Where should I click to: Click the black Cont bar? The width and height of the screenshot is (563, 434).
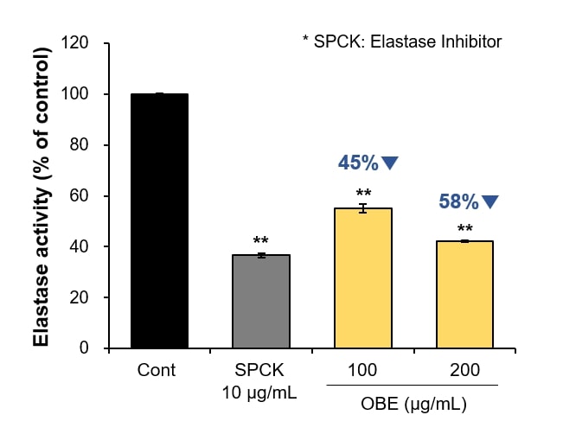point(159,220)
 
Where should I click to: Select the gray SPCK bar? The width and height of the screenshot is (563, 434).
point(261,302)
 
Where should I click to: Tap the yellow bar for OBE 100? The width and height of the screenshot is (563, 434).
point(363,278)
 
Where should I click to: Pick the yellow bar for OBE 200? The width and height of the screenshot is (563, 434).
point(464,294)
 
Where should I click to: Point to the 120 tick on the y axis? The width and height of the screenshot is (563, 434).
point(74,42)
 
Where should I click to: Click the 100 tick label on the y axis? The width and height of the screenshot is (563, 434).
point(74,93)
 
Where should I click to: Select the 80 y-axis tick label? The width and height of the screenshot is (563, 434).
point(79,144)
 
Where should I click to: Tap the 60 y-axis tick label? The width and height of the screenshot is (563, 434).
point(79,195)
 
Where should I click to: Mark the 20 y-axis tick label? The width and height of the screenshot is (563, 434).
point(79,297)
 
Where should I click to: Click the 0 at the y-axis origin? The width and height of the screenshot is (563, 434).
point(84,348)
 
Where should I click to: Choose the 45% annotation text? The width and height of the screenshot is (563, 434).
point(358,163)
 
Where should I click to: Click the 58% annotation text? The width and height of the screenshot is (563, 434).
point(459,201)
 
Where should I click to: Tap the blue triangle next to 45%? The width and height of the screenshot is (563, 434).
point(389,163)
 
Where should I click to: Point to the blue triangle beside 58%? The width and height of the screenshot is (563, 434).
point(489,201)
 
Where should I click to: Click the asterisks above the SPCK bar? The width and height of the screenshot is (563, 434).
point(260,239)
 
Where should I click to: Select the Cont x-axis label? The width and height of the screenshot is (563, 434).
point(157,370)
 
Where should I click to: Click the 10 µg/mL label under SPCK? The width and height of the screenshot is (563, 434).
point(259,393)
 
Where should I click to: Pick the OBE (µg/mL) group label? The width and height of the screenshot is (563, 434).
point(413,404)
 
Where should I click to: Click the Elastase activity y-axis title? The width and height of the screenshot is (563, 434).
point(41,197)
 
